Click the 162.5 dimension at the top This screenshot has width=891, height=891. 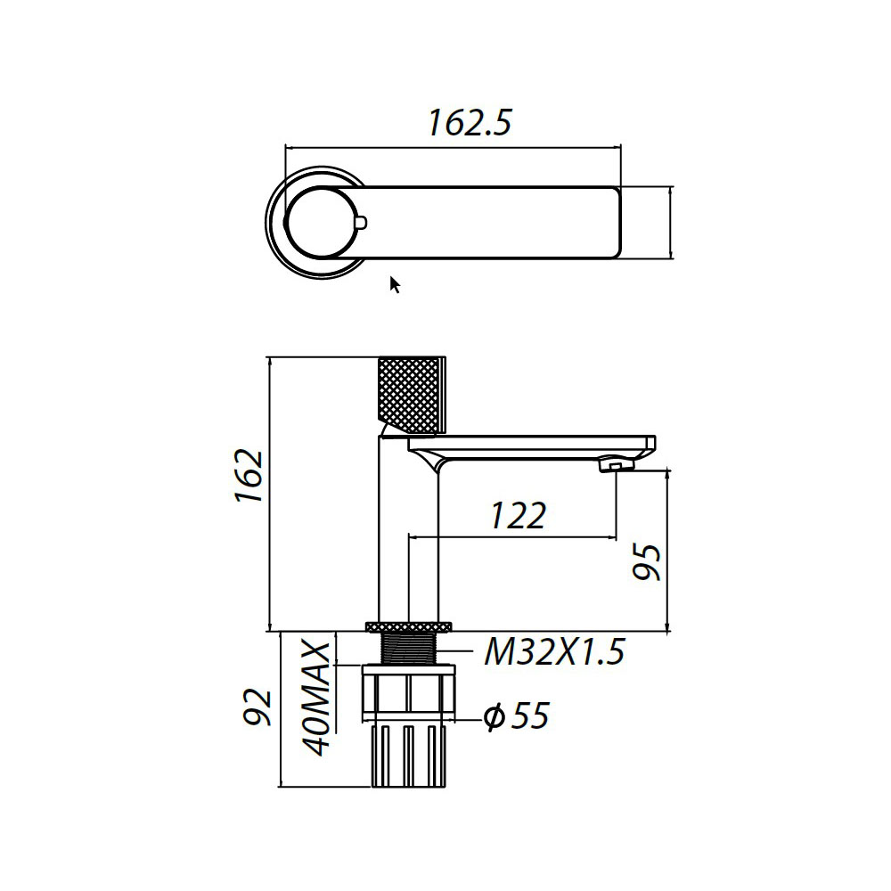click(469, 123)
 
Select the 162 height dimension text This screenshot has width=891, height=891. click(249, 477)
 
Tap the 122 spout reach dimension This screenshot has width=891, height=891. click(516, 516)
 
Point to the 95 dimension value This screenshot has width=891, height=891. click(648, 561)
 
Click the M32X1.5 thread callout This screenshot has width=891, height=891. click(553, 653)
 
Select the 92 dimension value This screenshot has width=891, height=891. click(258, 707)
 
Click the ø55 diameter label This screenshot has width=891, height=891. click(516, 715)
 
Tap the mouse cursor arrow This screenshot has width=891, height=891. click(395, 284)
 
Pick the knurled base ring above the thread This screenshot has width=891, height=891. click(410, 625)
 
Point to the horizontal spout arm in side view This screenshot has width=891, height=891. click(535, 445)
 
